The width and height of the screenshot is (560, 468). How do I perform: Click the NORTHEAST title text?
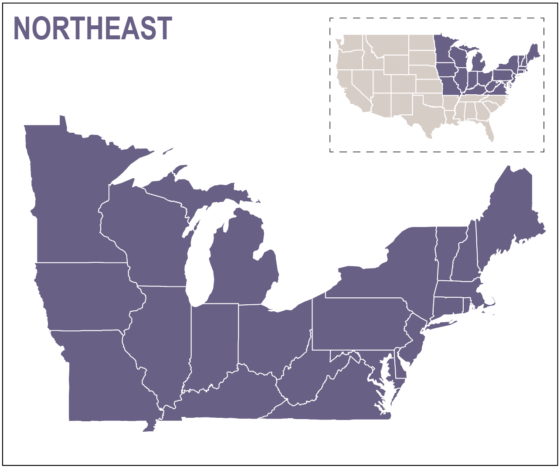tap(93, 29)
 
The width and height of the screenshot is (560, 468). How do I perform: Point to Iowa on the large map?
tap(87, 297)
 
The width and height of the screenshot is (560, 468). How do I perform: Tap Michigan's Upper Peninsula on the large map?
tap(196, 192)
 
